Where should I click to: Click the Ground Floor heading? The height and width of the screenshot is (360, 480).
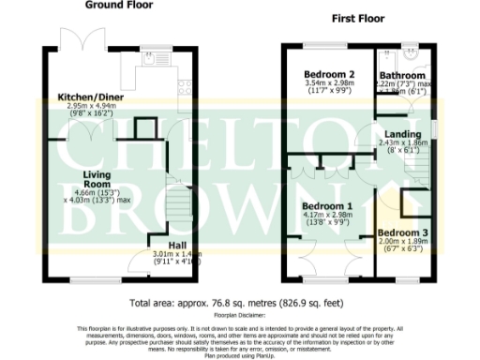click(120, 5)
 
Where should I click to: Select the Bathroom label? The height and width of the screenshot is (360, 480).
click(402, 75)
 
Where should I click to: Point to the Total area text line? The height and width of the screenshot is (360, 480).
click(239, 303)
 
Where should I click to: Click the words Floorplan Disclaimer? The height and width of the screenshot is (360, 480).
click(239, 318)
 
